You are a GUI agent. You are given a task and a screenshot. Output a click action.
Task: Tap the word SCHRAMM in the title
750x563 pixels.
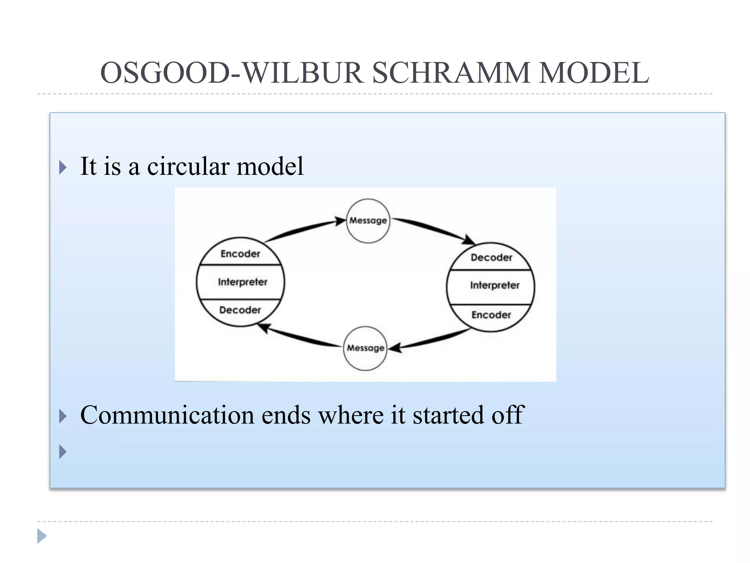point(450,73)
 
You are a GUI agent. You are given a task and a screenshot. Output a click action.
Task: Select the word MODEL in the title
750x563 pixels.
point(594,73)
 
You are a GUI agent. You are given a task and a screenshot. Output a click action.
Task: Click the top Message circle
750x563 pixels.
point(368,221)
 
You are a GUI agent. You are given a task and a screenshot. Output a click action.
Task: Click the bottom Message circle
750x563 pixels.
point(365,348)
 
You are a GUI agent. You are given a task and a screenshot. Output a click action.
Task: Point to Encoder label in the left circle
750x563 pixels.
point(240,254)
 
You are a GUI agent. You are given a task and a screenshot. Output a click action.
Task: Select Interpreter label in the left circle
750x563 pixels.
point(242,282)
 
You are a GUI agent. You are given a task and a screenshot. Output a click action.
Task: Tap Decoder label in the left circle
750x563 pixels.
point(240,310)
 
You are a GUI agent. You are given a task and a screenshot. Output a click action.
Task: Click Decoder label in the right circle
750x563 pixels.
point(491,258)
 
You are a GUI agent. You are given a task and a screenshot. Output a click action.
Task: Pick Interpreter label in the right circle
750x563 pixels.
point(494,285)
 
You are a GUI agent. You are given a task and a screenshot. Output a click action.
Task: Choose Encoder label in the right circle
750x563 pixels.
point(491,315)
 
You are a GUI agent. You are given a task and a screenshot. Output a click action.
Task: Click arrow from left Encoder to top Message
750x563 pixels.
point(304,229)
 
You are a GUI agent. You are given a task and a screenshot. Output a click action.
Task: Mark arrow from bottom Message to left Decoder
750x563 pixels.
point(300,338)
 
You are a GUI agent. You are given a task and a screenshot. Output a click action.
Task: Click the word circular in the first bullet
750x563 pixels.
point(188,167)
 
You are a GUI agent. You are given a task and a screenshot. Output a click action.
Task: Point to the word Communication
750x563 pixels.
point(167,415)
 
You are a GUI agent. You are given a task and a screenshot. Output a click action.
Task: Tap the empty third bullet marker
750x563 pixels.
point(63,452)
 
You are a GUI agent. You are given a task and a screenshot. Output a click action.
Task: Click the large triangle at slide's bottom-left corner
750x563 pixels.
point(41,536)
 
